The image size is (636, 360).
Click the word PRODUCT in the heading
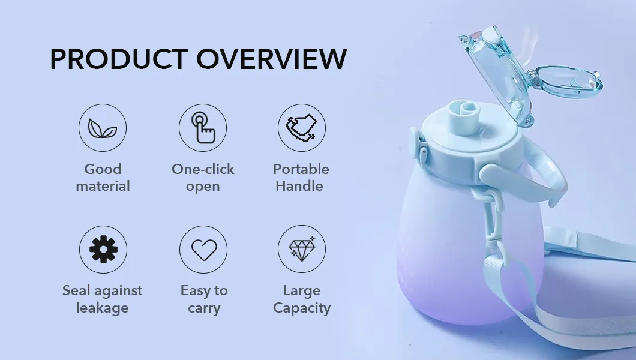point(119,59)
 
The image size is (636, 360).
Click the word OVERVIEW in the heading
point(272,59)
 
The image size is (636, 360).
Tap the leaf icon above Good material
point(103,128)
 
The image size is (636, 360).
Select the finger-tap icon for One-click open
point(203,128)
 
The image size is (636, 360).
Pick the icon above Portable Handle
point(302,128)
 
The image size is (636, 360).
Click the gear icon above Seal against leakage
point(103,250)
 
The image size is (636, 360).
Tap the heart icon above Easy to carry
point(203,250)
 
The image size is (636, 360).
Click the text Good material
point(103,178)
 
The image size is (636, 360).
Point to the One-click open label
point(203,178)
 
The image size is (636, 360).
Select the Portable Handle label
point(301,178)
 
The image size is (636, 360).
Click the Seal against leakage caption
point(102,299)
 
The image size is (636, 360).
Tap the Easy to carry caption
point(204,299)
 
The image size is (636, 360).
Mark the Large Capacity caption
point(302,299)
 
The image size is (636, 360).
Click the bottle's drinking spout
point(465,118)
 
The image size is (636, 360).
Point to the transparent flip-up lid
point(497,73)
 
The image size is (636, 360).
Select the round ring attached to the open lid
point(566,82)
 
